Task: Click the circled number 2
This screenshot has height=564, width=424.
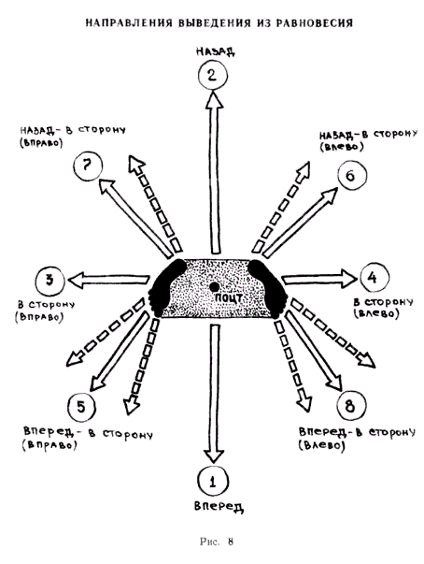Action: click(x=213, y=76)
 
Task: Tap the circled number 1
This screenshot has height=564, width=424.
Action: click(x=213, y=482)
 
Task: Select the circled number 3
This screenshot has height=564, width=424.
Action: click(x=50, y=281)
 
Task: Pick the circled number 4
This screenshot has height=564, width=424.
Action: click(x=374, y=278)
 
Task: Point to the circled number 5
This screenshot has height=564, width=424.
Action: click(x=81, y=408)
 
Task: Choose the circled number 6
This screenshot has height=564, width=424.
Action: click(x=351, y=176)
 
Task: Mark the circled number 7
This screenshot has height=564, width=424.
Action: click(x=88, y=166)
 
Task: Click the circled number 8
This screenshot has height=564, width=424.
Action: click(x=351, y=406)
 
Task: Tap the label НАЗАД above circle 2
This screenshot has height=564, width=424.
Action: click(x=216, y=51)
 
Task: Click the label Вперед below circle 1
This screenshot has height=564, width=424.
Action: click(x=219, y=506)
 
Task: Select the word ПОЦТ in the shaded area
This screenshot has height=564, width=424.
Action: click(x=228, y=298)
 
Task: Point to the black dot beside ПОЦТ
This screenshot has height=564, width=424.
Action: click(x=214, y=287)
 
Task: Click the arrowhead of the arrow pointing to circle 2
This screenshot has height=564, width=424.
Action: click(x=214, y=99)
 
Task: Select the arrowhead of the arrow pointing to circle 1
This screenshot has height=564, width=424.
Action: click(x=214, y=456)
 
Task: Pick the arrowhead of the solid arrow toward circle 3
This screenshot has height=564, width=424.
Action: click(x=76, y=280)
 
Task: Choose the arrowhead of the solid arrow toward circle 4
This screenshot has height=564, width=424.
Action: click(x=349, y=278)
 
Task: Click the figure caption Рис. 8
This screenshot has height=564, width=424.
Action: click(x=217, y=542)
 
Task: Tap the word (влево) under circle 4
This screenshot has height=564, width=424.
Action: click(x=375, y=313)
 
